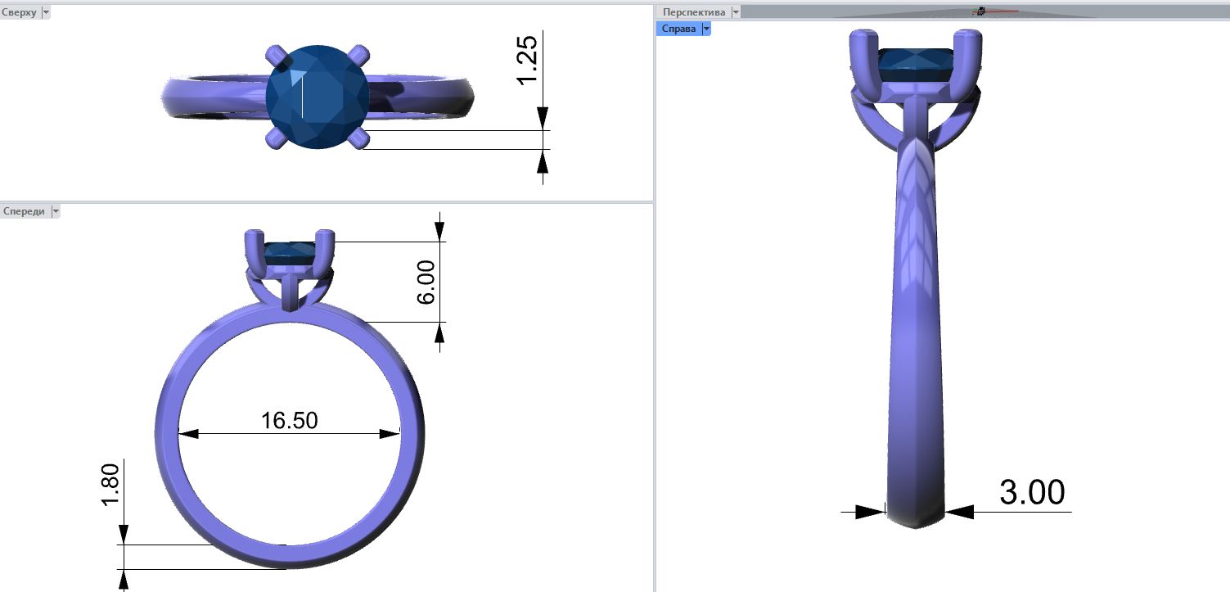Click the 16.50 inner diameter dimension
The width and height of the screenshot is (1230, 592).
(290, 421)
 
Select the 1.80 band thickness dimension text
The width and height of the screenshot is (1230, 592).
(110, 485)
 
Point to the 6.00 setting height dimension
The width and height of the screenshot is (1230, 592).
(426, 282)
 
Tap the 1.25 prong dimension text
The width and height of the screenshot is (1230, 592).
(527, 61)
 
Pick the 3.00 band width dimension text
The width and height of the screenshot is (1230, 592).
(1032, 492)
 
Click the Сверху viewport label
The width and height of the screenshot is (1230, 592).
(19, 12)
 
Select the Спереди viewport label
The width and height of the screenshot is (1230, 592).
(24, 211)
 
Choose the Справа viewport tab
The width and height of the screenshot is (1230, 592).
(678, 29)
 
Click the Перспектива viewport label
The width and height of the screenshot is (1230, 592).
(693, 12)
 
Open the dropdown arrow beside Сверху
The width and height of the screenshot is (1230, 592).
(46, 12)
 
